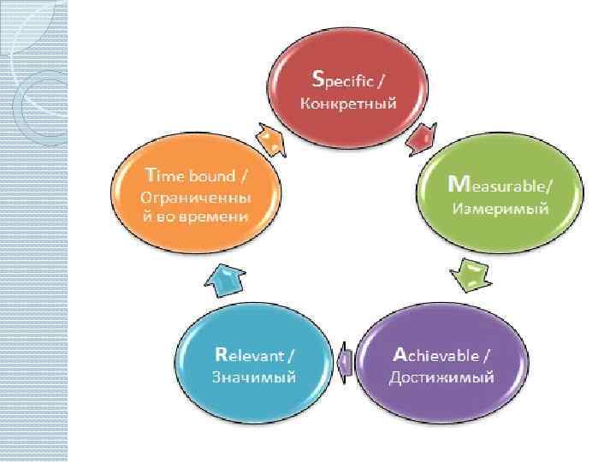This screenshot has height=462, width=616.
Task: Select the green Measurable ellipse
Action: pos(499,196)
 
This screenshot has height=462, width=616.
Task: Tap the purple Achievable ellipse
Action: pos(441,362)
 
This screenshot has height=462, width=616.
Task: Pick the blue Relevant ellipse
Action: pos(254,362)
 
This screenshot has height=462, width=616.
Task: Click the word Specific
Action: pos(349,82)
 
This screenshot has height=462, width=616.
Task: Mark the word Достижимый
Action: pos(441,377)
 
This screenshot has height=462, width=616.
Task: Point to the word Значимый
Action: pos(254,377)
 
